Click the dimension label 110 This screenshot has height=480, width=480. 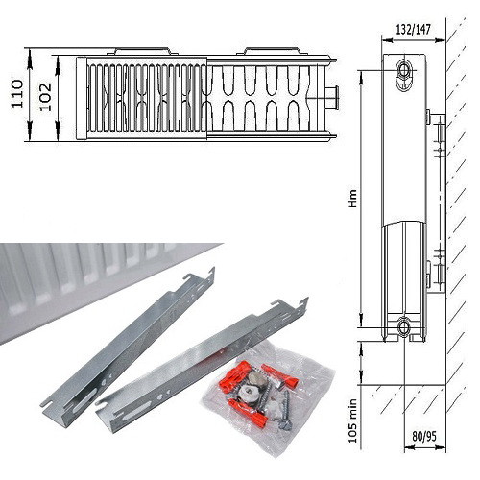point(17,94)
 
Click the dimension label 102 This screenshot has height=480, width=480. point(45,97)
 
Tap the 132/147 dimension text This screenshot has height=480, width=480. point(414,30)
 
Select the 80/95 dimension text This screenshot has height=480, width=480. point(424,436)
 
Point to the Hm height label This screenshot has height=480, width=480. point(353,199)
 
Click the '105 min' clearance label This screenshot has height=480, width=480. point(352,420)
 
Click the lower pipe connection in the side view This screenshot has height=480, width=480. point(404,327)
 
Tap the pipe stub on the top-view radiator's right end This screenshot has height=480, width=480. point(332,97)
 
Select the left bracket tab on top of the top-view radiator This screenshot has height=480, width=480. point(142,51)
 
